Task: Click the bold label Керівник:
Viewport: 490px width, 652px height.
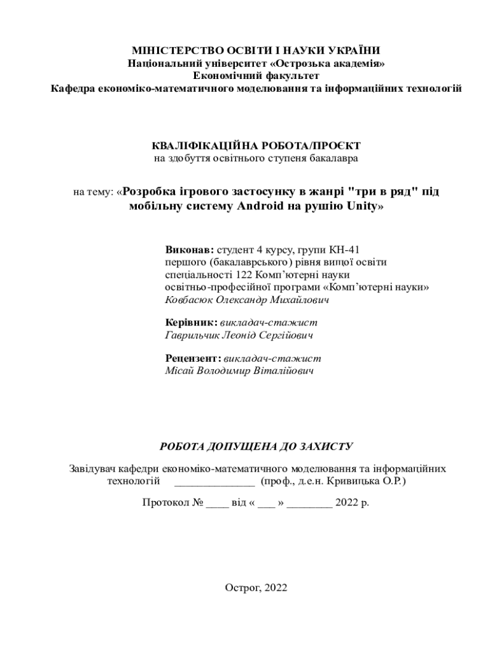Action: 191,323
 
